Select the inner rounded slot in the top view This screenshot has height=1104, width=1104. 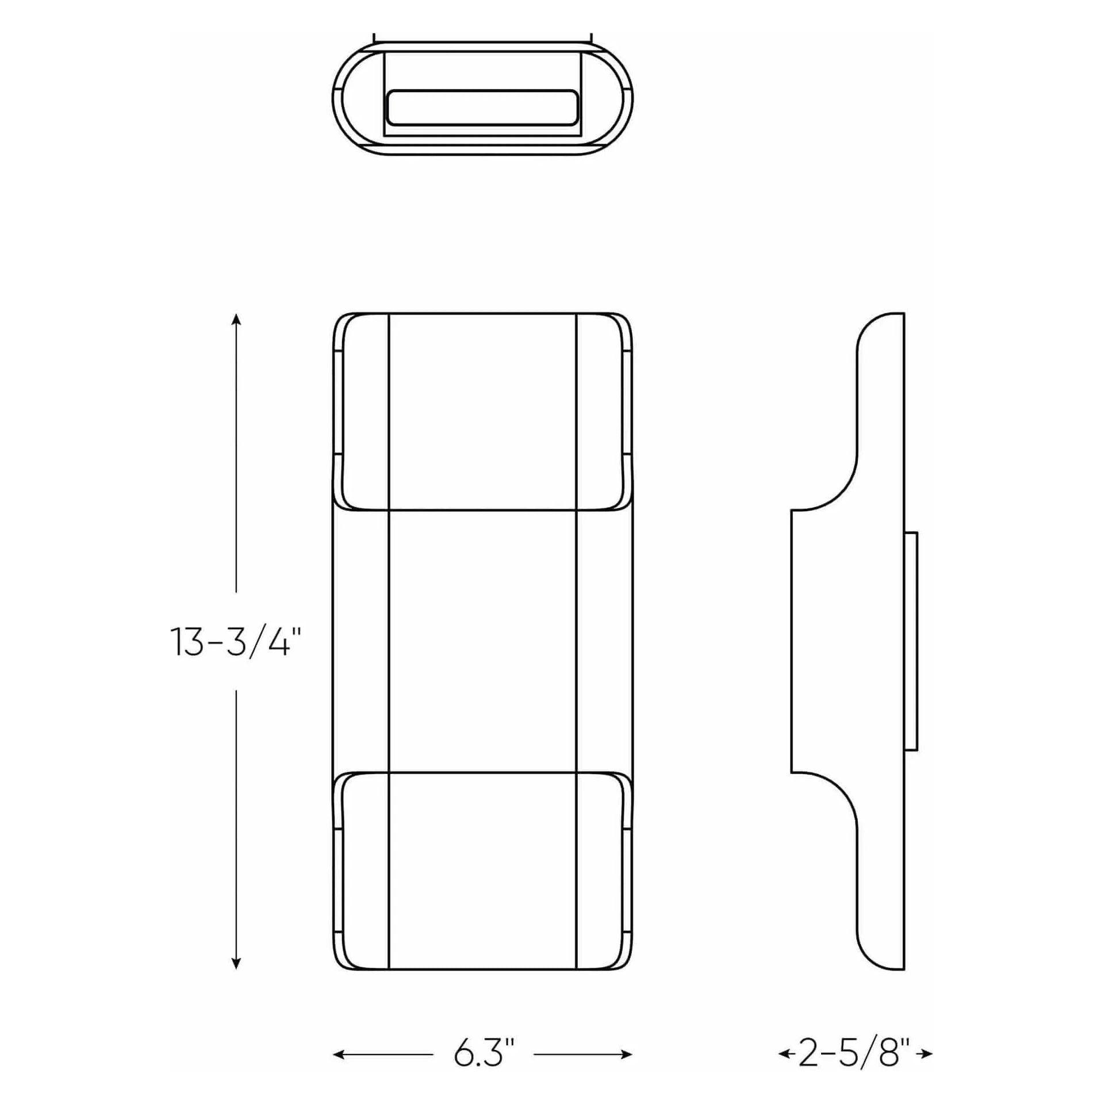point(482,108)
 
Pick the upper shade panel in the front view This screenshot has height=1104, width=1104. point(482,411)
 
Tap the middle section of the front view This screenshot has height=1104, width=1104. point(482,641)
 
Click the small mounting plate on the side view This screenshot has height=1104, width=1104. point(911,641)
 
